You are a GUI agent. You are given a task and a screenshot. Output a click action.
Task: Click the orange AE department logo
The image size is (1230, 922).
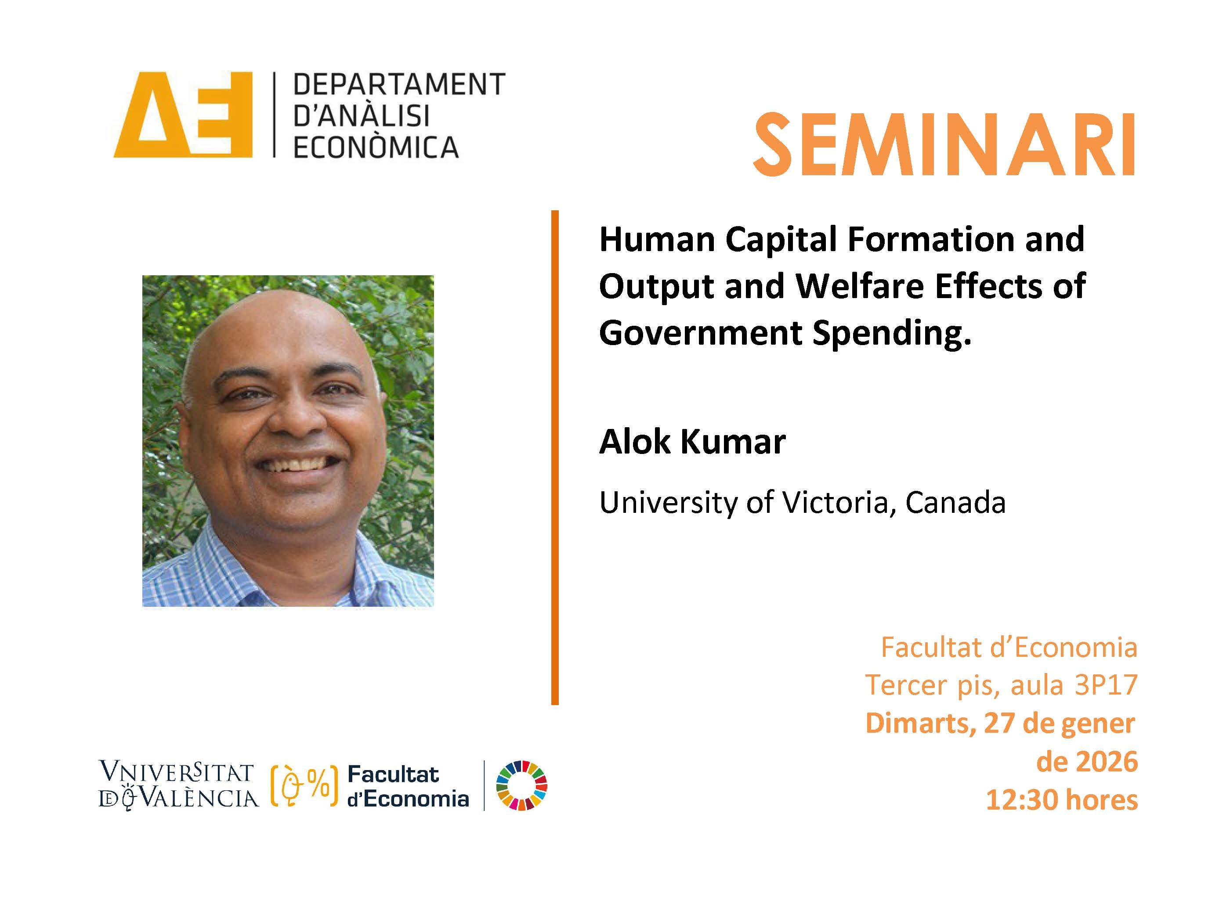tap(183, 115)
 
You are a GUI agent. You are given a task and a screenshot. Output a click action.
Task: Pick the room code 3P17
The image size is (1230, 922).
tap(1106, 685)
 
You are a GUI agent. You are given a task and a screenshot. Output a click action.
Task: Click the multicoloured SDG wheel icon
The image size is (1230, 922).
tap(521, 785)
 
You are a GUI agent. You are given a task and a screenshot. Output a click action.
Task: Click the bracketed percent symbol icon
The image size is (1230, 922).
tap(304, 786)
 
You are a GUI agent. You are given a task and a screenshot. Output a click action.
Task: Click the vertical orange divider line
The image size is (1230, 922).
tap(555, 457)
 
